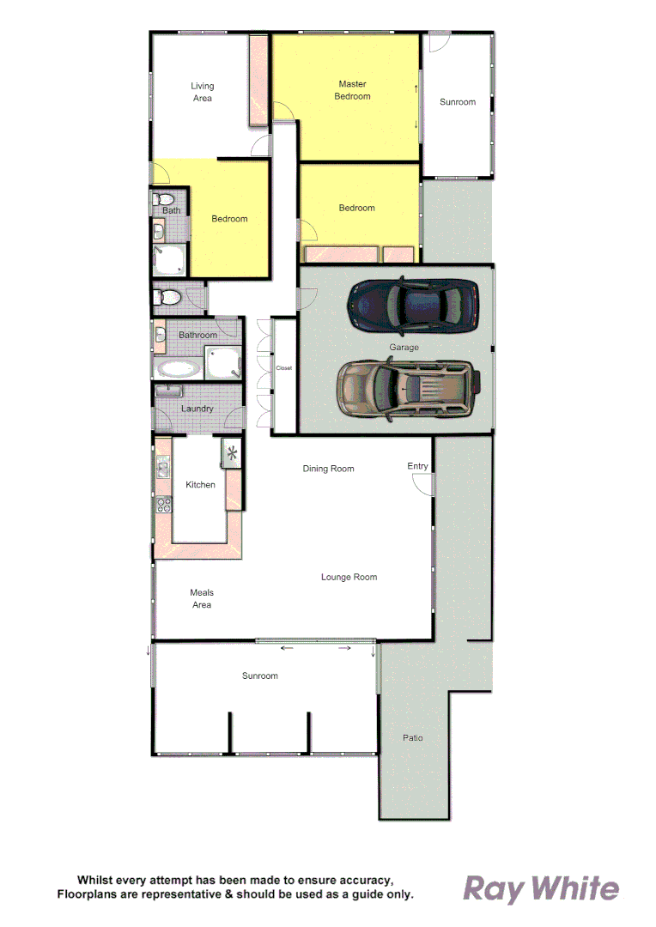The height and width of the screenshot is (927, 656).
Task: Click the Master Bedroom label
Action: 352,90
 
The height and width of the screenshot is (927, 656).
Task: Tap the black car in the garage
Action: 412,306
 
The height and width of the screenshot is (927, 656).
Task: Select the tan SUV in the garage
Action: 407,389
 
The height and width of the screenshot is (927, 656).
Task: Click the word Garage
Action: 404,348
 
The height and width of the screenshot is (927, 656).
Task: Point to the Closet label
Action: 284,368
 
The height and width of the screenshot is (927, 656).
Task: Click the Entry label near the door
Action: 417,466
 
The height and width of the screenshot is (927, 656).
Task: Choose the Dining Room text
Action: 328,469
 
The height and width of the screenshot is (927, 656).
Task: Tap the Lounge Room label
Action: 349,577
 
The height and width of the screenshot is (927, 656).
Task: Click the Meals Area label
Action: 202,598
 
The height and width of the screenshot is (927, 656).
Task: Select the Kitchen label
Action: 200,485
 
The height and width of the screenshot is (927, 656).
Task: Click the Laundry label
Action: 197,409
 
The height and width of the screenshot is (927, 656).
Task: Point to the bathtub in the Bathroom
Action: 179,370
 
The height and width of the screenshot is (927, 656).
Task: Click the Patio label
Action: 413,737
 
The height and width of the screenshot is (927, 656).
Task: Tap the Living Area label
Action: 202,92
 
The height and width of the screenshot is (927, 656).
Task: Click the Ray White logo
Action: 541,888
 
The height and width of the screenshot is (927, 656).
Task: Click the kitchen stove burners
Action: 162,505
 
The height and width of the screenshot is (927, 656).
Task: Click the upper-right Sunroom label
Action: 457,102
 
